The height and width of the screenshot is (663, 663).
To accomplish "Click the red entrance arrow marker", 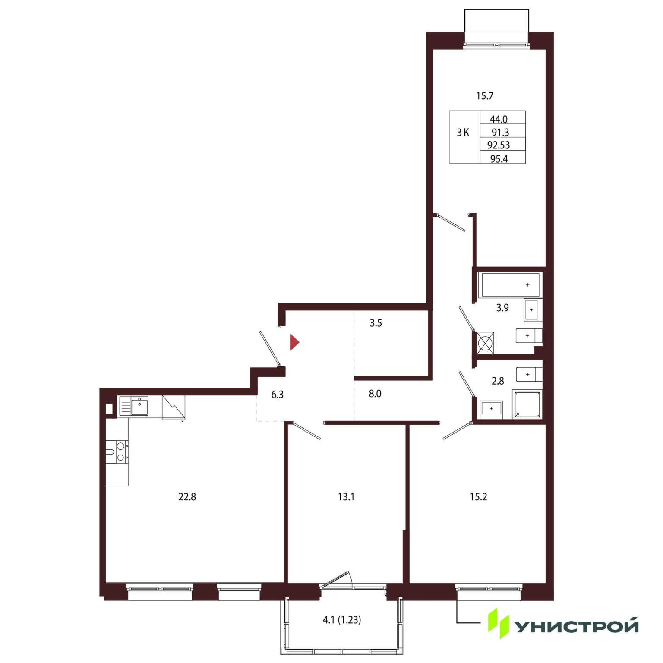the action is point(294,342).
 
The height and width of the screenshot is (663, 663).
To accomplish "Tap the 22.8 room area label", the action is point(187,497).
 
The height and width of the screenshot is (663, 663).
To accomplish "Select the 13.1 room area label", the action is point(346,497).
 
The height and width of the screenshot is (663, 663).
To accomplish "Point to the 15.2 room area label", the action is point(478,497).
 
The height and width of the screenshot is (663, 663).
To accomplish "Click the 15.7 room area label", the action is point(485,96).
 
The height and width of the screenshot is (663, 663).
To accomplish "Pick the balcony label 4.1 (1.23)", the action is point(342,620).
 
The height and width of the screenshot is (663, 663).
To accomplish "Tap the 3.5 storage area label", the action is point(376,323).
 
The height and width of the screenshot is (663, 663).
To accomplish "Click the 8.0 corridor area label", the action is point(375,394).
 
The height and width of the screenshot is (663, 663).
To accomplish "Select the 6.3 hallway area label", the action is point(277,395).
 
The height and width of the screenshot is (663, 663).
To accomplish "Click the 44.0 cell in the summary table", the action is point(499,119).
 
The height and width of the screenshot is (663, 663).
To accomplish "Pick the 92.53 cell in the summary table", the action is point(499,145).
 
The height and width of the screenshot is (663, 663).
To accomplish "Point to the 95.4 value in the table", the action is point(499,159).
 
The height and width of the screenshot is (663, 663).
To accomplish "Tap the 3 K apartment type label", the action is point(463,133).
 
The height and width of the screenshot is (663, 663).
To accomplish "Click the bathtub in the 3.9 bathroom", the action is point(510,285).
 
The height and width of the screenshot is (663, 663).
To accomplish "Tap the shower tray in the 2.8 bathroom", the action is point(527,404).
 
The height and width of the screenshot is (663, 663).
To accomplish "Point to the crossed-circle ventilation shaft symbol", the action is point(486,343).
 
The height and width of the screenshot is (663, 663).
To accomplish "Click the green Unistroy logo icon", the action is point(498,623).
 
